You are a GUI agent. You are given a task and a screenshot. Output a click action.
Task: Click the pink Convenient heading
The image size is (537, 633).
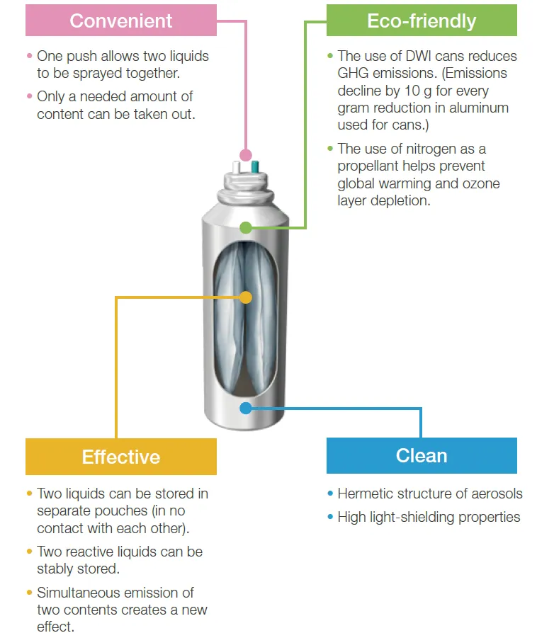pyautogui.click(x=121, y=21)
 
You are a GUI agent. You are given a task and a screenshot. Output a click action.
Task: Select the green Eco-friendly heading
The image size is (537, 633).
pyautogui.click(x=422, y=21)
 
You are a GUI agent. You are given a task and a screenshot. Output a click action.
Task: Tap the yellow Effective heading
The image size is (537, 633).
pyautogui.click(x=121, y=457)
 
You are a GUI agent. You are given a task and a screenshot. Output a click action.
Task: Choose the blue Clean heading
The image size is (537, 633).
pyautogui.click(x=422, y=455)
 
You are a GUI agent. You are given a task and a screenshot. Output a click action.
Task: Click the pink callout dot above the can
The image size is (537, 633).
pyautogui.click(x=246, y=155)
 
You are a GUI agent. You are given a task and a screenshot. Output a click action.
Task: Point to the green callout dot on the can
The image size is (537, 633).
pyautogui.click(x=246, y=228)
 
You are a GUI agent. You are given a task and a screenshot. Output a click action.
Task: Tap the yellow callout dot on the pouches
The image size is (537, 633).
pyautogui.click(x=246, y=297)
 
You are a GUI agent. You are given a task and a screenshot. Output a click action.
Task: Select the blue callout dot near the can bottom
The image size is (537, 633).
pyautogui.click(x=246, y=408)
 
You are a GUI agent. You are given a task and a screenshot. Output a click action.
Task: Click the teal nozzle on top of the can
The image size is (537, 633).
pyautogui.click(x=255, y=166)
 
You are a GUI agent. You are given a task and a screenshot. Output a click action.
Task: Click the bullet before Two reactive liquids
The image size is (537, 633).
pyautogui.click(x=29, y=552)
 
